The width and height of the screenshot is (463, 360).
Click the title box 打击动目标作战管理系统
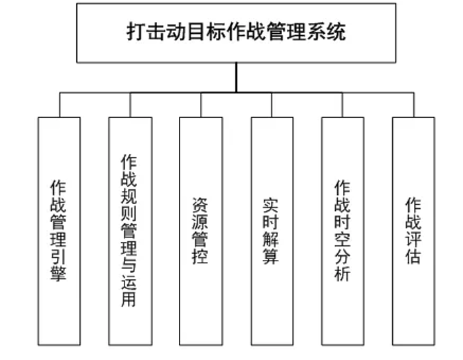pyautogui.click(x=236, y=32)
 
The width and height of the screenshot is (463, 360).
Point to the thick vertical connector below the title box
pyautogui.click(x=236, y=78)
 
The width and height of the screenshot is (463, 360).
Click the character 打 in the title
pyautogui.click(x=136, y=32)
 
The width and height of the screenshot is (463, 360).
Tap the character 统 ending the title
pyautogui.click(x=336, y=32)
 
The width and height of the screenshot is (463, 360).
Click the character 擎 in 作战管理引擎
pyautogui.click(x=59, y=273)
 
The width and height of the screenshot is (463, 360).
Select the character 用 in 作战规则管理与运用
pyautogui.click(x=129, y=299)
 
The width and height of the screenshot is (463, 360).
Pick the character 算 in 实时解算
pyautogui.click(x=272, y=257)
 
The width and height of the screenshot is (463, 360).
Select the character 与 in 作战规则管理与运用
pyautogui.click(x=129, y=266)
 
